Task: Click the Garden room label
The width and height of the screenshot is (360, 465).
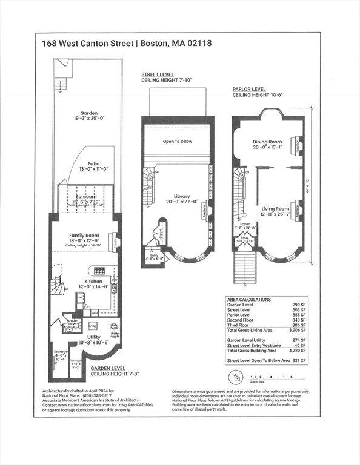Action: [89, 113]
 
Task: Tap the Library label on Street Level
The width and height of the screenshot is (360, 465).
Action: [181, 197]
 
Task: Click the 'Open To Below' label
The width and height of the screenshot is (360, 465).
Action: [177, 142]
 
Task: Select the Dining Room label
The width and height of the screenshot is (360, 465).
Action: [267, 142]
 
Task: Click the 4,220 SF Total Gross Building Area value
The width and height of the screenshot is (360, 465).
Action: [298, 351]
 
